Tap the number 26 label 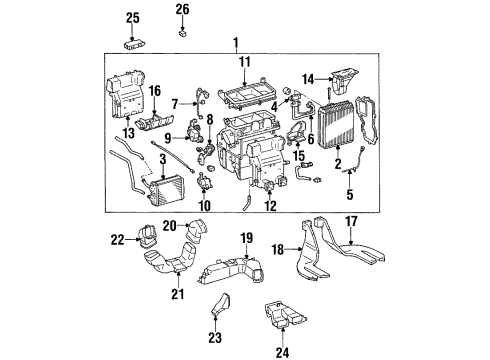[182, 10]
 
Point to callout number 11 [245, 62]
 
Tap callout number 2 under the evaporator [337, 161]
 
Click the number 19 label [246, 238]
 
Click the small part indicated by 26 [182, 32]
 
